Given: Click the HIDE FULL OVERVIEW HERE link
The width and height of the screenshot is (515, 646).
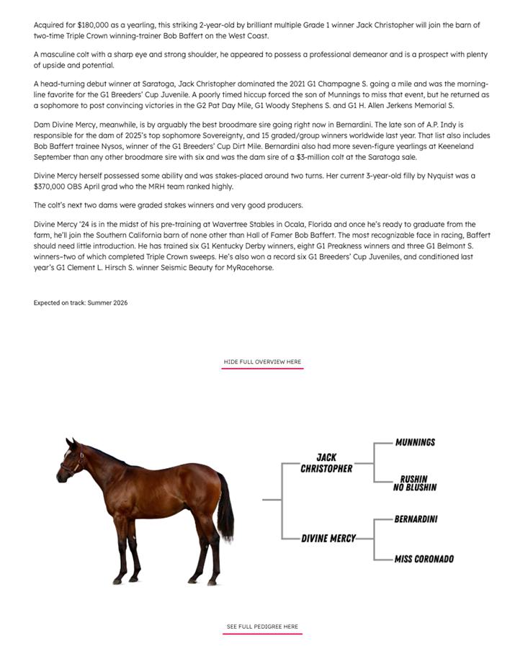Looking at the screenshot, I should pos(262,362).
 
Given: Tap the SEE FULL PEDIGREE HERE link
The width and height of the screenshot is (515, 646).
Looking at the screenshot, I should pos(262,627).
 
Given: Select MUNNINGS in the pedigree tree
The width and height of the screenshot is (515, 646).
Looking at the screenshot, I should pos(415,442).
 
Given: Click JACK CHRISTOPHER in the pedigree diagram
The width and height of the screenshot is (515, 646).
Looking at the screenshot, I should pos(326,463).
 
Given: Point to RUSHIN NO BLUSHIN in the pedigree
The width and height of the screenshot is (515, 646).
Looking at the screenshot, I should pos(414,483).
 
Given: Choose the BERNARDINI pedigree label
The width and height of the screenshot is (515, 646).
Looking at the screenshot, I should pos(416,519).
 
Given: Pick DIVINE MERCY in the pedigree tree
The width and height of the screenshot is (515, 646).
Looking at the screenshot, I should pos(328,538).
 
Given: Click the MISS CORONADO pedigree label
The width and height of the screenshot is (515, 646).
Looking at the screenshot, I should pos(424,559).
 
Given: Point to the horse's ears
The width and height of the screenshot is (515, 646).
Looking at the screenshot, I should pos(71,441).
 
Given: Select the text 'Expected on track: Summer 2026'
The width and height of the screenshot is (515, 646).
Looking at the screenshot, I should pos(81,303).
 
